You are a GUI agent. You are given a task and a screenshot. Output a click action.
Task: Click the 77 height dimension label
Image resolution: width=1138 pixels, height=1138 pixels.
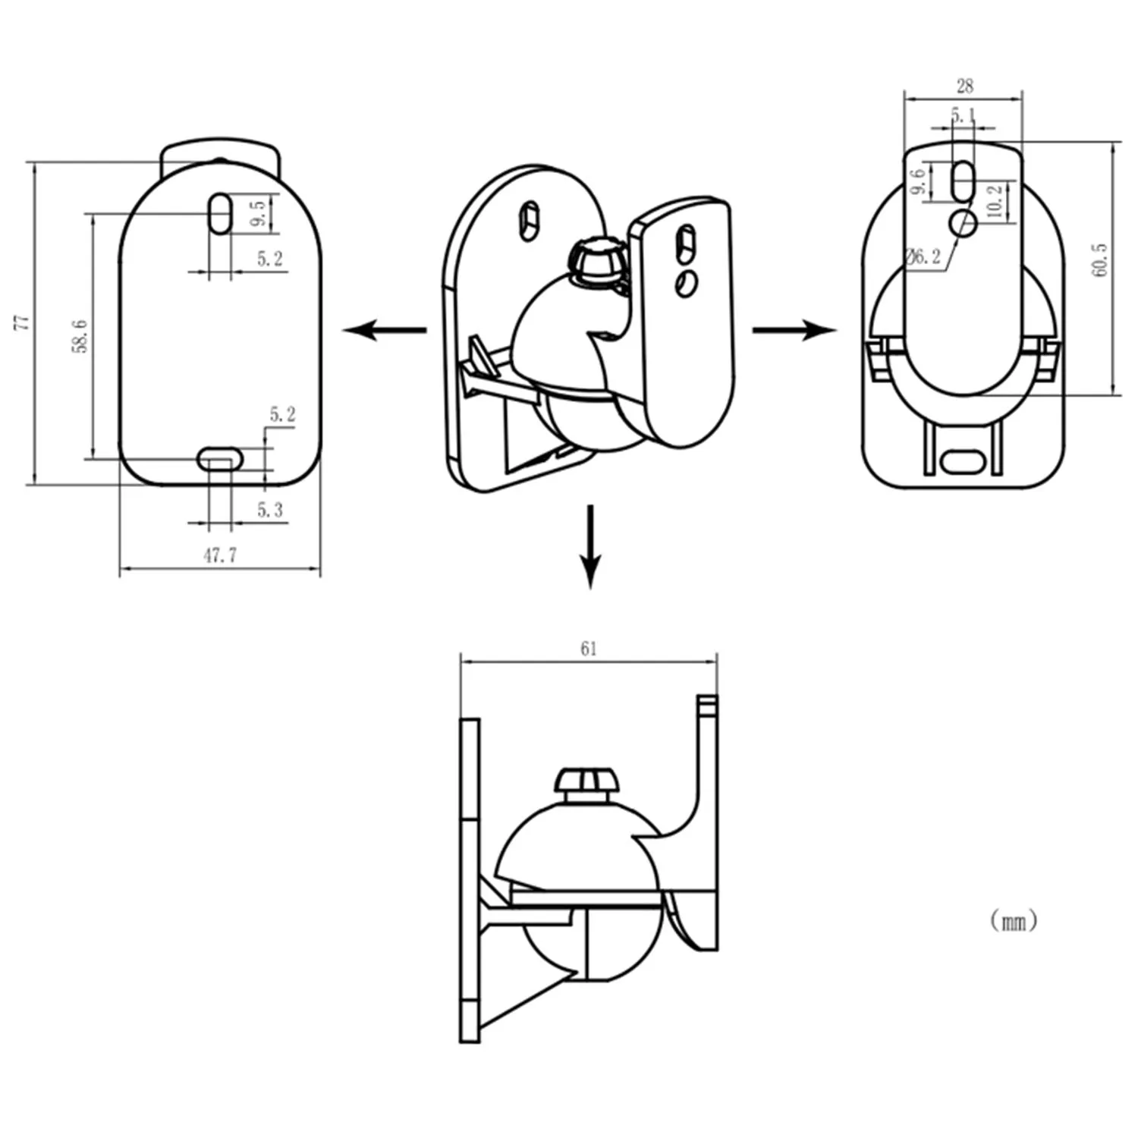(x=24, y=322)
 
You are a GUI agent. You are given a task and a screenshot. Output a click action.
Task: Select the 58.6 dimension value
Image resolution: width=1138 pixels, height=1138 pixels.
(x=80, y=336)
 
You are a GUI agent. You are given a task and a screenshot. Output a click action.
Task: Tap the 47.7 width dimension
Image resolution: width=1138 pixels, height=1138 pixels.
(x=220, y=555)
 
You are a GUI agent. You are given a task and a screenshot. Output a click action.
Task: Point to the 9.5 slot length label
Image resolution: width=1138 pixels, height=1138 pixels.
(x=259, y=213)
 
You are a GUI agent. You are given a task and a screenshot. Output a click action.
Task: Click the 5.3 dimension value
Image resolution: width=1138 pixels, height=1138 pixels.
(x=269, y=510)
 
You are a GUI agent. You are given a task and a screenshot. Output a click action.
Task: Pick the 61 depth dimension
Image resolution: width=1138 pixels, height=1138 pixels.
(x=589, y=649)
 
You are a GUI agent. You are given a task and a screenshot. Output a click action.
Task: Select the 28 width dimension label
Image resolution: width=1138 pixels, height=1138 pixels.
(x=964, y=86)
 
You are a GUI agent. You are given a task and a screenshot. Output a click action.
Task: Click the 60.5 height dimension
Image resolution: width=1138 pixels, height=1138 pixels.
(x=1100, y=260)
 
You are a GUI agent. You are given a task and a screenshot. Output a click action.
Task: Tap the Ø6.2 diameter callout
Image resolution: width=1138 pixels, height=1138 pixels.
(x=924, y=256)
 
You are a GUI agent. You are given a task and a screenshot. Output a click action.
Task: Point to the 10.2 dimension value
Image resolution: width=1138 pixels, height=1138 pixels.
(x=995, y=200)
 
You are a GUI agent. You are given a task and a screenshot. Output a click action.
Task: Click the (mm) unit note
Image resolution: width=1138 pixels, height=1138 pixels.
(x=1014, y=921)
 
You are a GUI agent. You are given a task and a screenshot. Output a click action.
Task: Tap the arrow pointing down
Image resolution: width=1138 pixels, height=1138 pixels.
(x=590, y=546)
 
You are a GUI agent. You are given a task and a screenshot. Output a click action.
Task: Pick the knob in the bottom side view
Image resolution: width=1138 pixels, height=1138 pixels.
(x=586, y=782)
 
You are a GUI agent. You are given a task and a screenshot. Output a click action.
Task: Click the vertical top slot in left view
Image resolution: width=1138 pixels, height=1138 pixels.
(x=220, y=213)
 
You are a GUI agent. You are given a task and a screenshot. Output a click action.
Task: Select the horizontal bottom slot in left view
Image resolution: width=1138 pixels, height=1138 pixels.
(x=220, y=458)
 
